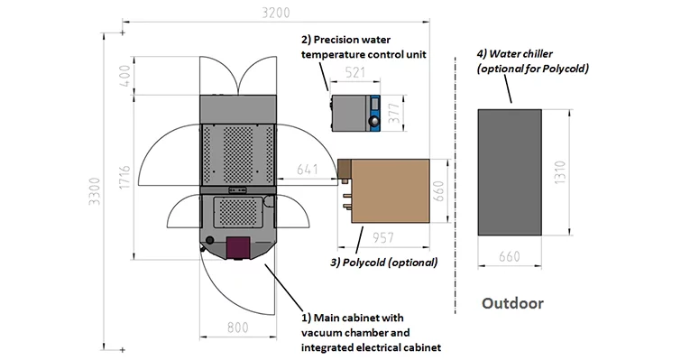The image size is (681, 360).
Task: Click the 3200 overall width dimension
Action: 275,13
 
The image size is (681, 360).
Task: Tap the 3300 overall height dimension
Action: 94,191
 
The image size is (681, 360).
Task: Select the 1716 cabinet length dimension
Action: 124,177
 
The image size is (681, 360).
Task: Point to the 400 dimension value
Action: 124,76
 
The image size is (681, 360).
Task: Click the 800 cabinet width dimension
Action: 237,327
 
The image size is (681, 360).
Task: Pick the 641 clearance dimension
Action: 307,169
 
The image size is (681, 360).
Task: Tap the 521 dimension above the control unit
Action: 354,72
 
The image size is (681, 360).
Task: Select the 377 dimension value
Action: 393,113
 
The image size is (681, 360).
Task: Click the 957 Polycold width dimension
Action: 383,237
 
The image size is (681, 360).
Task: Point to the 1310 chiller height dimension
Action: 560,172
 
